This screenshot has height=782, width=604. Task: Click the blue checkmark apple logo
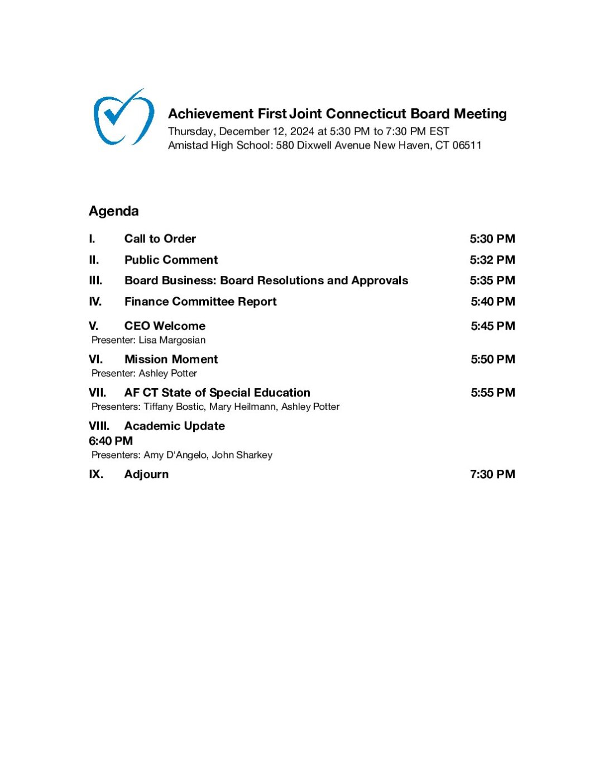pyautogui.click(x=123, y=117)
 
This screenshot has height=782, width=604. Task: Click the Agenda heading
pyautogui.click(x=114, y=211)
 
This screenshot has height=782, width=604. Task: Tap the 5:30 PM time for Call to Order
pyautogui.click(x=492, y=239)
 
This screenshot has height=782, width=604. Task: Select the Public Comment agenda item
pyautogui.click(x=171, y=260)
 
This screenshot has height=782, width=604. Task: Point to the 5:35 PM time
pyautogui.click(x=492, y=280)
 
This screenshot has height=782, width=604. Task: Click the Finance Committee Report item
pyautogui.click(x=200, y=302)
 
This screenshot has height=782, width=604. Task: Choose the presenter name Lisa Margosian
pyautogui.click(x=172, y=340)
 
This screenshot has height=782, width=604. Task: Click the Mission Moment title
pyautogui.click(x=171, y=359)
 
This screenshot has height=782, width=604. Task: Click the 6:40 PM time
pyautogui.click(x=111, y=441)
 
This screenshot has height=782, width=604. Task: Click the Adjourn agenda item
pyautogui.click(x=146, y=474)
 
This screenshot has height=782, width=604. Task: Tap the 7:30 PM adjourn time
pyautogui.click(x=492, y=474)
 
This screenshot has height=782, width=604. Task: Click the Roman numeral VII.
pyautogui.click(x=97, y=393)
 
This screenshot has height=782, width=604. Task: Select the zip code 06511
pyautogui.click(x=467, y=145)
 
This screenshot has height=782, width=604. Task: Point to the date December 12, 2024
pyautogui.click(x=267, y=131)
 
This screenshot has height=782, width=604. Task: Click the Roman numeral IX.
pyautogui.click(x=96, y=474)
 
